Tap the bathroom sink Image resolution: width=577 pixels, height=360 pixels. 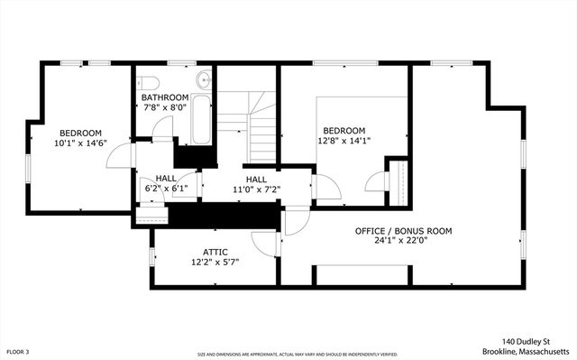coord(205,79)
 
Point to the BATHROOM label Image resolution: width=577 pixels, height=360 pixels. coord(164,97)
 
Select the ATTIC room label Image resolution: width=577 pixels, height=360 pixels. coord(215,252)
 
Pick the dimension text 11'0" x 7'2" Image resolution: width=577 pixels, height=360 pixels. coord(256,190)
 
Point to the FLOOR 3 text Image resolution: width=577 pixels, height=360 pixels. coord(18,351)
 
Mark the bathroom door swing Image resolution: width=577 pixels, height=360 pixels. coord(163,130)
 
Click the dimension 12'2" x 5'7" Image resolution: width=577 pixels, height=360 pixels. coord(215,262)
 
